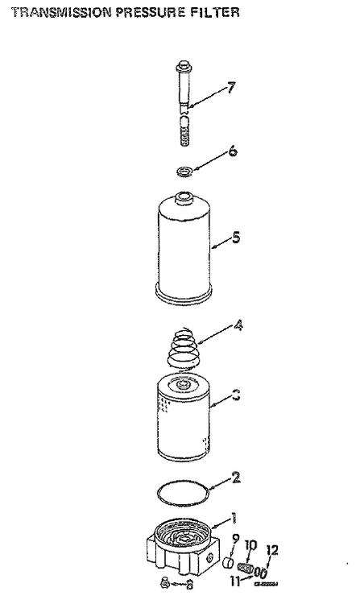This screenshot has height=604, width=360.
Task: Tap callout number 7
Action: [x=230, y=87]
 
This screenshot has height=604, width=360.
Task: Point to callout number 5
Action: [x=235, y=238]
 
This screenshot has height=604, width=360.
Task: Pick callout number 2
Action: [x=235, y=477]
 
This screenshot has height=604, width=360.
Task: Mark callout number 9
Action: [x=235, y=538]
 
